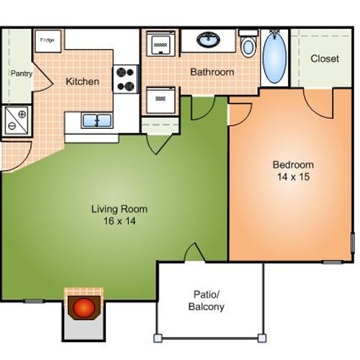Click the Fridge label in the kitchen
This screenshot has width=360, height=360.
48,40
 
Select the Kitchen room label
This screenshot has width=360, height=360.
83,81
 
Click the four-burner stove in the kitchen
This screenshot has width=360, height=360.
126,79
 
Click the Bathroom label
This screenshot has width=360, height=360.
212,72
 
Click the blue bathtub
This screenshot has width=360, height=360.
274,58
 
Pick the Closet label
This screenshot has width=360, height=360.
324,58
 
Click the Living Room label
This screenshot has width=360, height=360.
120,210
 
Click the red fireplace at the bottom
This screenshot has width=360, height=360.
84,308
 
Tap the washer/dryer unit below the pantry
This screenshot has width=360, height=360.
16,119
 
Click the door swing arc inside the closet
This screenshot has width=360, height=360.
319,103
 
